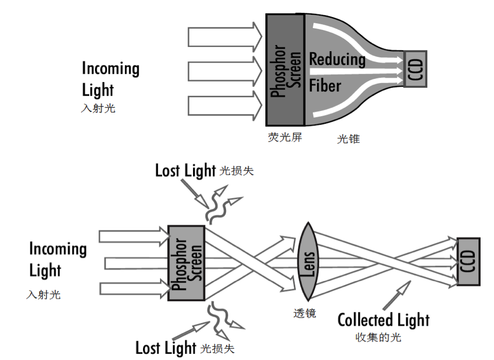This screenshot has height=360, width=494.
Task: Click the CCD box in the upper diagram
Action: pyautogui.click(x=415, y=69)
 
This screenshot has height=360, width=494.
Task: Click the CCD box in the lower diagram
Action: pyautogui.click(x=469, y=262)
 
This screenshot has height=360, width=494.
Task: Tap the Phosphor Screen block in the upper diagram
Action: pyautogui.click(x=285, y=70)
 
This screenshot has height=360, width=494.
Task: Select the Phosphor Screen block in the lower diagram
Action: pyautogui.click(x=186, y=263)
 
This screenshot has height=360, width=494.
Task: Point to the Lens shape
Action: pyautogui.click(x=308, y=261)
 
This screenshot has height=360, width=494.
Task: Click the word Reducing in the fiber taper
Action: pyautogui.click(x=337, y=59)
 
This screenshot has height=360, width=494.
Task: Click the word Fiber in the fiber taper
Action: pyautogui.click(x=325, y=85)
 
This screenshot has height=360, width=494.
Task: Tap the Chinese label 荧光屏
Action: pyautogui.click(x=285, y=137)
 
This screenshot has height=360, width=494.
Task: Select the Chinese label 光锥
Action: pyautogui.click(x=348, y=139)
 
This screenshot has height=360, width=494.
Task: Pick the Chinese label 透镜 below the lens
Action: pyautogui.click(x=305, y=313)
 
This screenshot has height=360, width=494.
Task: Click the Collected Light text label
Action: pyautogui.click(x=384, y=320)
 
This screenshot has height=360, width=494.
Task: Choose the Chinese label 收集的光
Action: pyautogui.click(x=378, y=337)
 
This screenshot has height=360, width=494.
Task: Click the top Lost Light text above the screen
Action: pyautogui.click(x=185, y=170)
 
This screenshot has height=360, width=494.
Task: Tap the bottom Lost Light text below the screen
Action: pyautogui.click(x=166, y=348)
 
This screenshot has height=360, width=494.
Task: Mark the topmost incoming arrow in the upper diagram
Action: pyautogui.click(x=225, y=37)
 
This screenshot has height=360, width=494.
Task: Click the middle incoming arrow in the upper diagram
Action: pyautogui.click(x=225, y=71)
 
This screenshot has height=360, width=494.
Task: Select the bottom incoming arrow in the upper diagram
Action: pyautogui.click(x=225, y=105)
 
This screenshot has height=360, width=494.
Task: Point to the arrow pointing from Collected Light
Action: pyautogui.click(x=397, y=295)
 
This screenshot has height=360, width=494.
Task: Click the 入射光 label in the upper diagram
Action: pyautogui.click(x=98, y=108)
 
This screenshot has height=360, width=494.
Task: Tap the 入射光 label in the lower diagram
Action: pyautogui.click(x=43, y=295)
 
